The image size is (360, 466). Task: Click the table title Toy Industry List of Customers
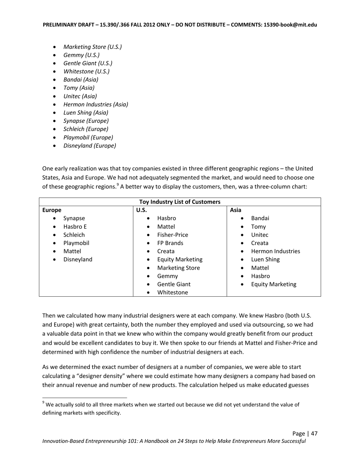(180, 202)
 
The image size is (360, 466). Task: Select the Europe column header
(52, 210)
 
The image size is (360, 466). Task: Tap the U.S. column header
(141, 210)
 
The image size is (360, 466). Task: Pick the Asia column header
(236, 210)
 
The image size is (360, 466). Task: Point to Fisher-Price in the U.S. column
(172, 235)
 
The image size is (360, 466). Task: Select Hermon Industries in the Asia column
(275, 251)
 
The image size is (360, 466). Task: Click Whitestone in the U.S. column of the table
(172, 292)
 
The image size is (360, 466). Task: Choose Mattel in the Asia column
(260, 268)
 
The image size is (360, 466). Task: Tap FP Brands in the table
(170, 243)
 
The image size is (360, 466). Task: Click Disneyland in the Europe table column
(78, 260)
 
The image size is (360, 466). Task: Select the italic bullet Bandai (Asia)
(81, 80)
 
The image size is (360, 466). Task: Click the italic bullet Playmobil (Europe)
(88, 137)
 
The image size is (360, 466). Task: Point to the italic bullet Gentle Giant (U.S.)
(88, 63)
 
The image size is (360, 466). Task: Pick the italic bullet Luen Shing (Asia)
(86, 113)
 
